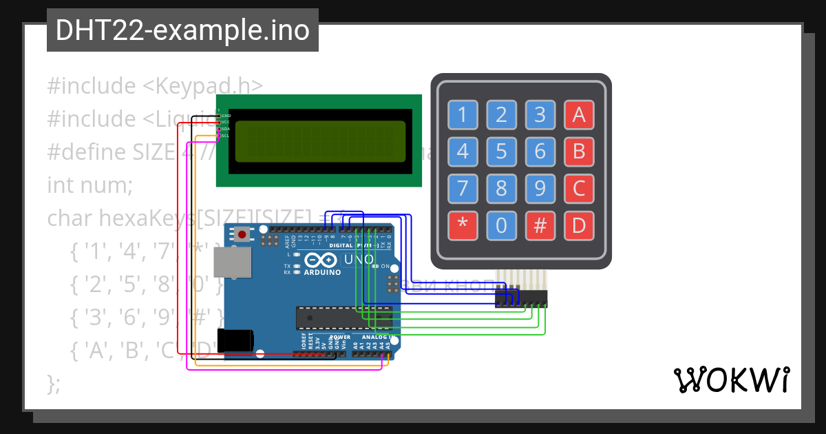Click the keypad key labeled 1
click(x=463, y=115)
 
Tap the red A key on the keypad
click(x=579, y=115)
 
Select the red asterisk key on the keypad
click(x=463, y=225)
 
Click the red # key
click(x=540, y=225)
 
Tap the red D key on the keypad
click(x=579, y=225)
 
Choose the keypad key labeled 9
click(x=540, y=188)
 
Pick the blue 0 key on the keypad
click(x=501, y=225)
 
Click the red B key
click(x=579, y=151)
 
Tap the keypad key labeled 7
click(x=463, y=188)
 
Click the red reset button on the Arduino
click(x=242, y=235)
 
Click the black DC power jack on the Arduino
click(x=235, y=340)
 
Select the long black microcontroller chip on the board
click(x=343, y=318)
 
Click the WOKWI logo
click(x=731, y=380)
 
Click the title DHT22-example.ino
click(x=182, y=30)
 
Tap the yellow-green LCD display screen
click(x=320, y=141)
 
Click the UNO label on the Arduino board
click(x=358, y=260)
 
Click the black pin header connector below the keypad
click(x=521, y=298)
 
